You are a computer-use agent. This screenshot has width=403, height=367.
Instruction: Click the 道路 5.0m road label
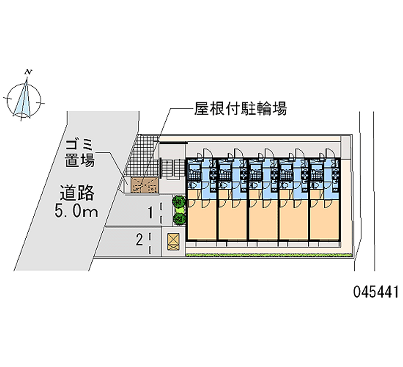pos(77,201)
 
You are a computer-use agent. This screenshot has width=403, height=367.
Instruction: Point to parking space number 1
pos(151,213)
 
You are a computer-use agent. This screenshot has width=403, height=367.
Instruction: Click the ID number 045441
pos(375,291)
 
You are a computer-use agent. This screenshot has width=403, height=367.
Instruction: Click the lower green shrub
pos(179,219)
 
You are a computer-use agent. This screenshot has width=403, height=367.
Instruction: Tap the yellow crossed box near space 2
pos(173,241)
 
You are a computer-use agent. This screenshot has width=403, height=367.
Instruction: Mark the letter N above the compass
pos(30,73)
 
